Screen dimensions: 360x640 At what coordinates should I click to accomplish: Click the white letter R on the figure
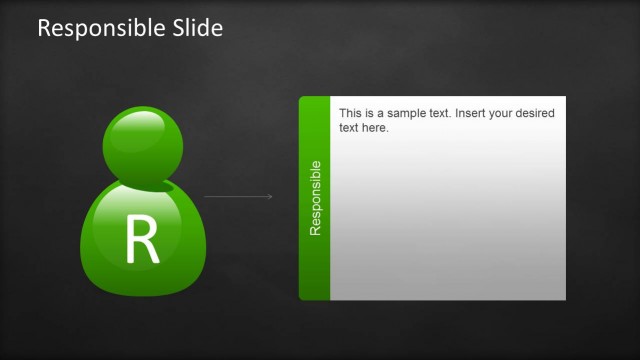point(142,239)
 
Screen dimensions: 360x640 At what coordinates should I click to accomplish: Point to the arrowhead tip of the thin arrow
point(272,196)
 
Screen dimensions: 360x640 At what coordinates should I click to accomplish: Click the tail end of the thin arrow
point(205,196)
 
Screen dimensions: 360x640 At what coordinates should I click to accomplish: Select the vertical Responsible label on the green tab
point(315,198)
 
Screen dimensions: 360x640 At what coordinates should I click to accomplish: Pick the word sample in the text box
point(408,114)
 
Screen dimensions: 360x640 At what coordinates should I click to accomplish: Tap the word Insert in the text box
point(471,114)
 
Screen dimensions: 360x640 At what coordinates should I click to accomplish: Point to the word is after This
point(370,114)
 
